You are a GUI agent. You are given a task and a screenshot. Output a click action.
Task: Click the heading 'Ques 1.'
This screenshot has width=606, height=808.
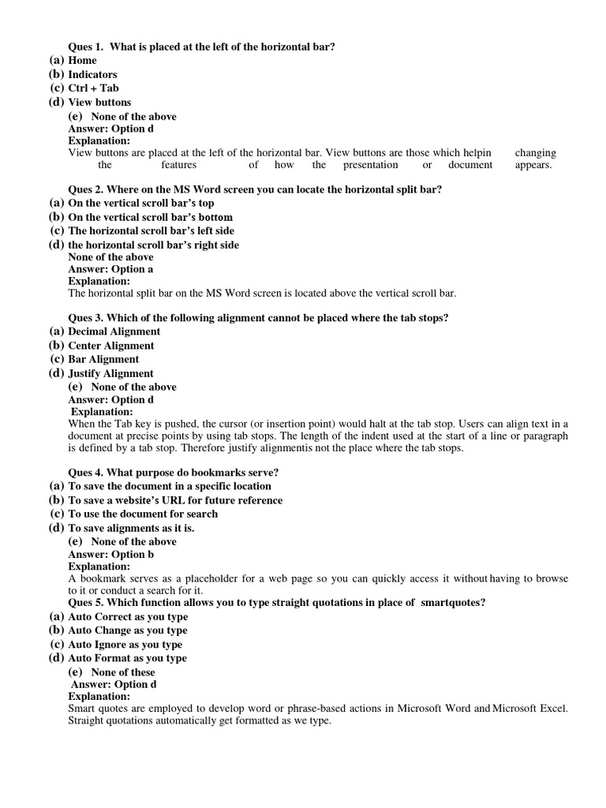tap(86, 47)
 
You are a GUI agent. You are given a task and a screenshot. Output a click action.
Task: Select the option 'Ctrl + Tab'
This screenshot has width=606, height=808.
tap(93, 88)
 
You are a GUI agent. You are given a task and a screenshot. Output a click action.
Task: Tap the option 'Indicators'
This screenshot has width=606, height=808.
tap(92, 75)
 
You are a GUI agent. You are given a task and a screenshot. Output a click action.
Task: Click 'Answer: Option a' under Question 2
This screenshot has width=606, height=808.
tap(110, 269)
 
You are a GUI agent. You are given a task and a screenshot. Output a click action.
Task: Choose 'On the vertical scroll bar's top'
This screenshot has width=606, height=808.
tap(141, 203)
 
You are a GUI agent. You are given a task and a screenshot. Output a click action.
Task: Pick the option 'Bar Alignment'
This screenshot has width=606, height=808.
tap(103, 359)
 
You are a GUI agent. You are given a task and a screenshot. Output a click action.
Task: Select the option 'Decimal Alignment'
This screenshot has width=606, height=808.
tap(114, 331)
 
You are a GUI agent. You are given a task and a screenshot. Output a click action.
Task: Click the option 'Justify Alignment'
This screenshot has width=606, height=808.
tap(110, 373)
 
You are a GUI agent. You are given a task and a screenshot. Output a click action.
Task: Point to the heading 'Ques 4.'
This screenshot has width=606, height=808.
tap(86, 473)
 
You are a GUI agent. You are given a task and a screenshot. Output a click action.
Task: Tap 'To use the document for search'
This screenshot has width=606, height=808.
tap(143, 514)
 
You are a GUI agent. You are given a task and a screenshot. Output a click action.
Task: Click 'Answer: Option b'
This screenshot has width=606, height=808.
tap(111, 554)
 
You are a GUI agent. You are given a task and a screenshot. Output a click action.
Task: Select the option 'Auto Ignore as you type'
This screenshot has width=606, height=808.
tap(125, 645)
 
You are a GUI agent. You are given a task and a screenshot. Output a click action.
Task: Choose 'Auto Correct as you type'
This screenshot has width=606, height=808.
tap(128, 616)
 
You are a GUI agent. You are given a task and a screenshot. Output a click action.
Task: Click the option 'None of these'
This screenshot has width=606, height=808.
tap(123, 672)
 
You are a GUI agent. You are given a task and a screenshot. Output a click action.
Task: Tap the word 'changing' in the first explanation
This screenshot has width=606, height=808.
tap(535, 153)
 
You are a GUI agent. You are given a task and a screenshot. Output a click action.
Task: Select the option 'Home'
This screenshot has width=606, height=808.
tap(82, 61)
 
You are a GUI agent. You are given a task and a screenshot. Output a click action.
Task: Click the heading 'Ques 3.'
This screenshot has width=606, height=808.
tap(86, 318)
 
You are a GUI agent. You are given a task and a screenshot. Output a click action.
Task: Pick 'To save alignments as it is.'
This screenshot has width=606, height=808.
tap(131, 528)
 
